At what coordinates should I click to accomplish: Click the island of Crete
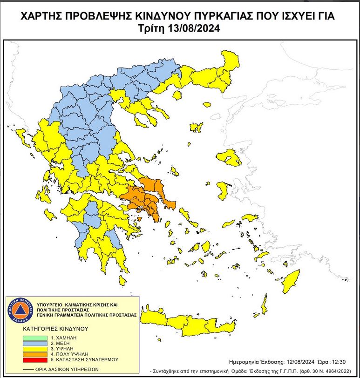coord(186,321)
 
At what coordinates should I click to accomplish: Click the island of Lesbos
coord(229,160)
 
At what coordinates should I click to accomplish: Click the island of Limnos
coord(197,127)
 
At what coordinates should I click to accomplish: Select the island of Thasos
coord(177,95)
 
